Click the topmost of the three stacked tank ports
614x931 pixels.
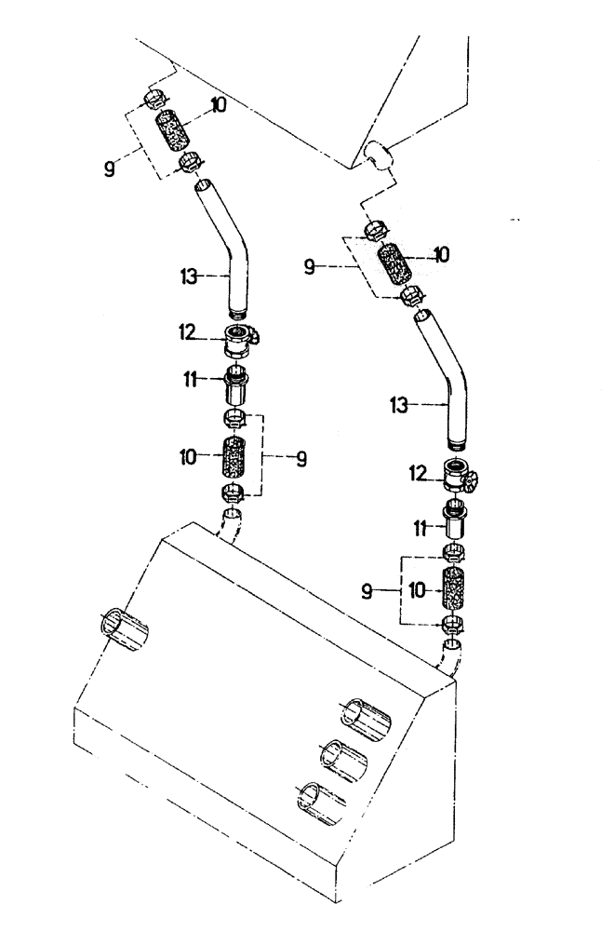click(x=367, y=716)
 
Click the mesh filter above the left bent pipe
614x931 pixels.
click(x=174, y=133)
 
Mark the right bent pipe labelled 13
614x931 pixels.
click(x=447, y=377)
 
